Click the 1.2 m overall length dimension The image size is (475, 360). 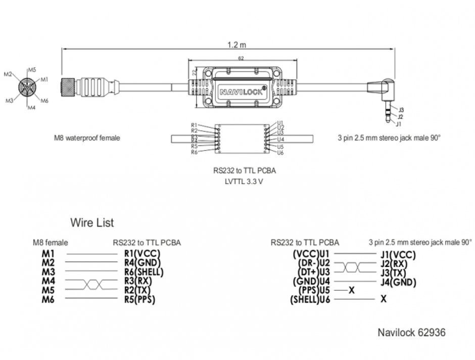point(232,44)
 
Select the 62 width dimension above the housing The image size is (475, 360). point(241,59)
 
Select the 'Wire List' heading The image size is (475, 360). point(91,222)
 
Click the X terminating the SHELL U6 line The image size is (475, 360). point(384,299)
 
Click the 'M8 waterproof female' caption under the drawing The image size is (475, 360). point(87,138)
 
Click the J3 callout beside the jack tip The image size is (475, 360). point(401,110)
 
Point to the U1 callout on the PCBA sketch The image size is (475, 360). point(280,123)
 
